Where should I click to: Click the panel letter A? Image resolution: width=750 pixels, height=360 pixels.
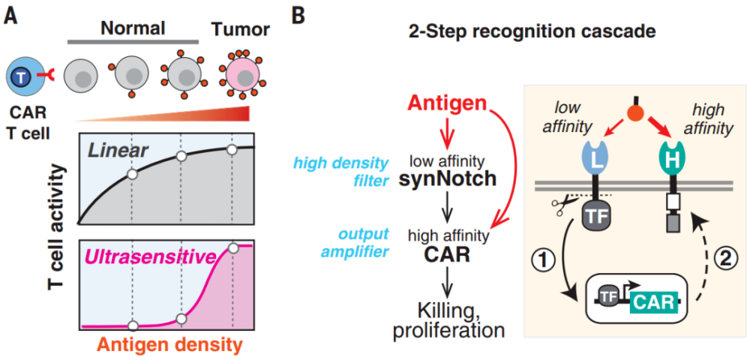tap(12, 15)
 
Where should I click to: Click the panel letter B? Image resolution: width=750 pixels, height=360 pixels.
tap(297, 15)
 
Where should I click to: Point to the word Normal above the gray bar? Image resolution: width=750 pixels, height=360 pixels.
tap(133, 28)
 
